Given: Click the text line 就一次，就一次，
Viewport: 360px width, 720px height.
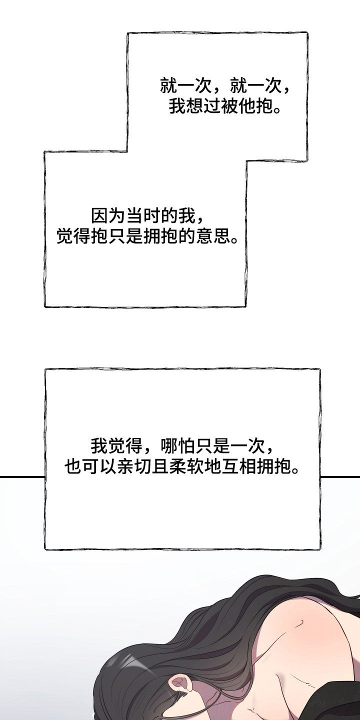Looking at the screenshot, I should (x=225, y=86).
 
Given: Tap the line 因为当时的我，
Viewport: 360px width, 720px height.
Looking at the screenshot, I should (x=148, y=217).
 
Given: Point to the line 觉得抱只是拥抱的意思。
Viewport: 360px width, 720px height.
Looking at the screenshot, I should (x=148, y=237).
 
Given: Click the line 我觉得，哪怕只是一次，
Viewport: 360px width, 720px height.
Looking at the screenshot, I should (x=182, y=445).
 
